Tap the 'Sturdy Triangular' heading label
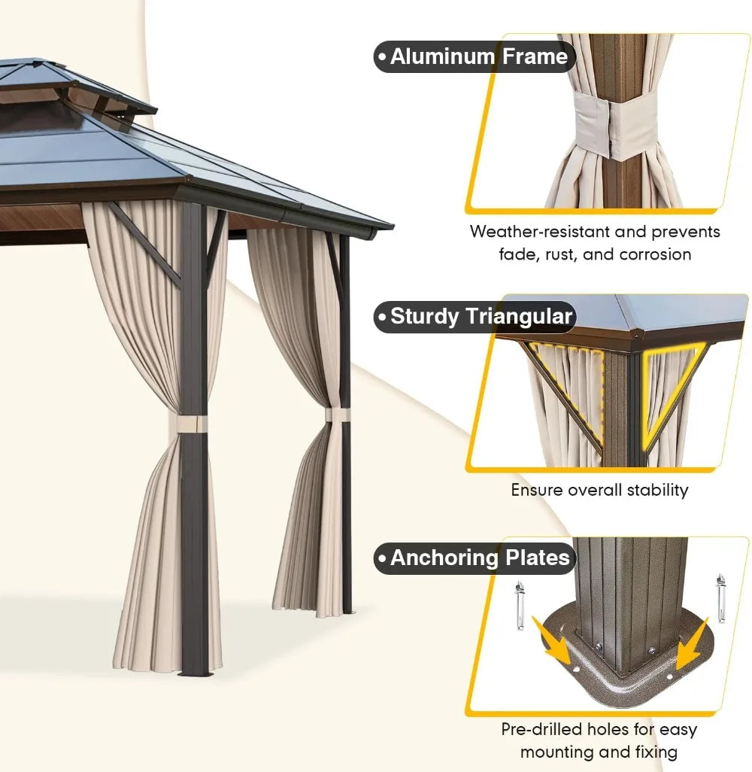[476, 316]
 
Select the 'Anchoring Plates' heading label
[476, 558]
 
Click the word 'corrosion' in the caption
[655, 254]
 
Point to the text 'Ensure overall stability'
[599, 490]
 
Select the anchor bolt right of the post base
[721, 598]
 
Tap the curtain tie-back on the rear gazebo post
[337, 415]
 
